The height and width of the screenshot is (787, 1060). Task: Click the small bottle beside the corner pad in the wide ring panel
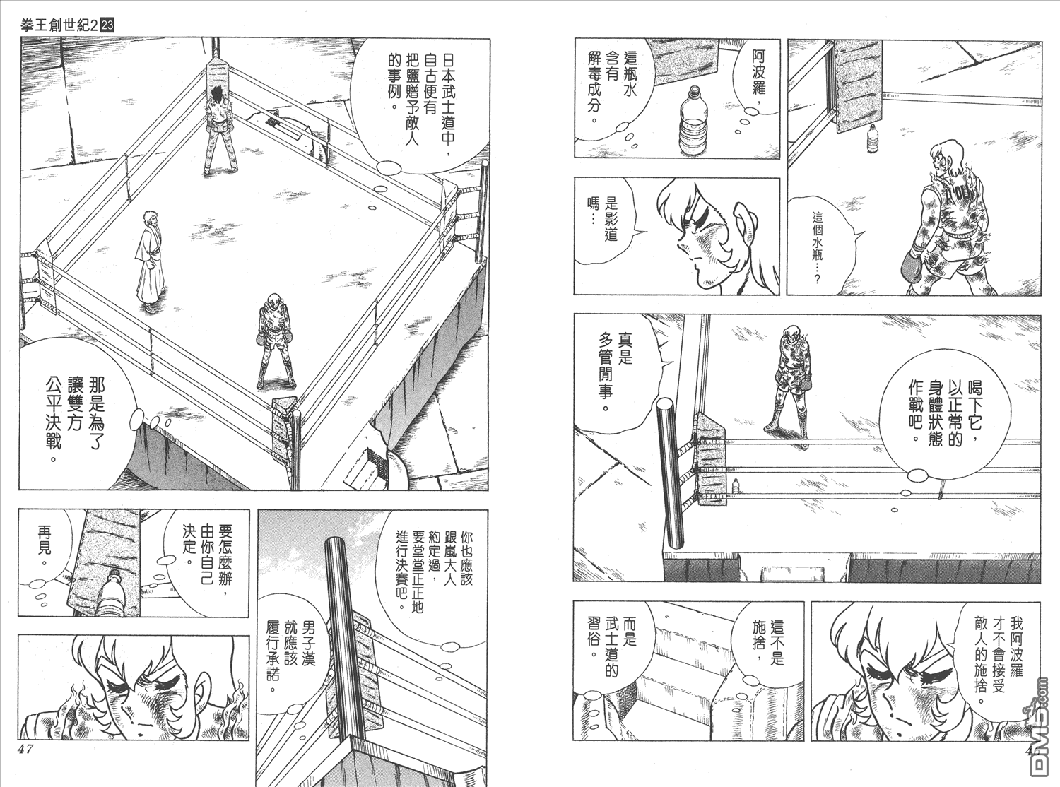point(736,487)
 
